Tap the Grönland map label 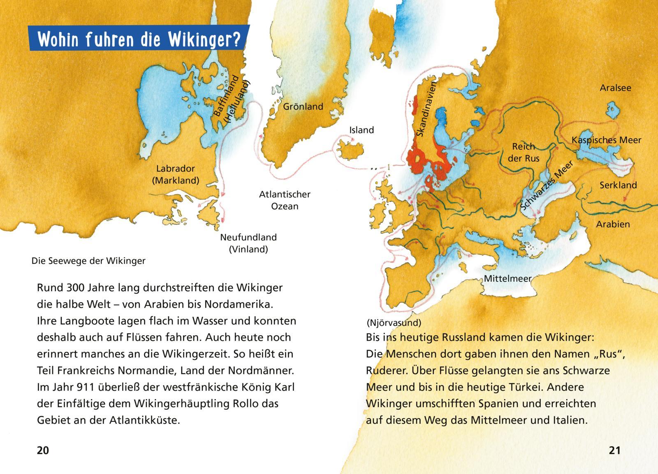click(x=303, y=107)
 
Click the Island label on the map click(x=361, y=130)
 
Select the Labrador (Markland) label click(x=176, y=175)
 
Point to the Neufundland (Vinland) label click(x=248, y=243)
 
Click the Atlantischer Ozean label click(x=285, y=200)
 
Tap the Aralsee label click(x=615, y=88)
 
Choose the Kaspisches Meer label click(x=606, y=140)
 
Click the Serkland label click(x=618, y=185)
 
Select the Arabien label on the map click(x=613, y=224)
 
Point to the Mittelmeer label click(x=507, y=278)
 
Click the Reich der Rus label click(x=524, y=152)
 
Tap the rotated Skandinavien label click(x=425, y=109)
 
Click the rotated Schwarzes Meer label click(x=547, y=185)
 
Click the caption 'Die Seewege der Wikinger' click(x=88, y=261)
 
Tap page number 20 click(x=43, y=450)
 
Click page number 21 click(x=614, y=450)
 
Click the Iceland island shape click(x=351, y=150)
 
